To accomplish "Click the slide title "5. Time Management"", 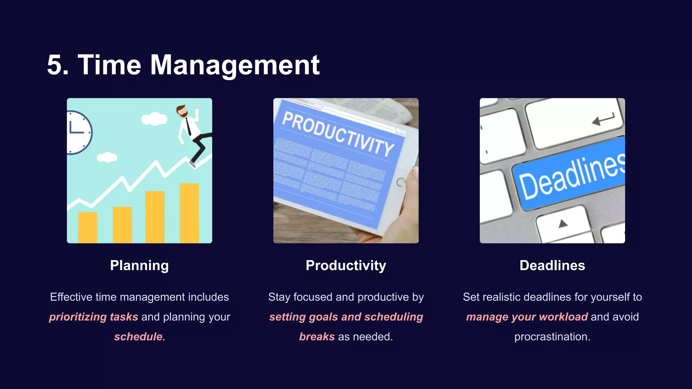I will click(183, 65).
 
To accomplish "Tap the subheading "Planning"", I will click(139, 265).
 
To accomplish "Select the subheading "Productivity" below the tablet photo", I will click(346, 265).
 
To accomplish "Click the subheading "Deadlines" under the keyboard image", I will click(552, 265).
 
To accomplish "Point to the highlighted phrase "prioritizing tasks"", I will click(94, 317).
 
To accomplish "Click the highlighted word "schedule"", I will click(138, 337).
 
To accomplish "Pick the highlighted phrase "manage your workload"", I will click(527, 317).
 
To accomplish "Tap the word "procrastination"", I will click(552, 337).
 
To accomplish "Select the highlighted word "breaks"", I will click(317, 337).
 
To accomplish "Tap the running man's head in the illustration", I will click(182, 111).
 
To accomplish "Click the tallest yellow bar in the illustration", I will click(189, 213).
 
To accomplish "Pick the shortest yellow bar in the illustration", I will click(88, 227).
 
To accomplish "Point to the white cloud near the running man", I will click(154, 119).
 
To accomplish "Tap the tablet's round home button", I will click(401, 182).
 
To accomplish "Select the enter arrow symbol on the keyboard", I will click(603, 120).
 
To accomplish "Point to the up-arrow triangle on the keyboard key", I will click(563, 223).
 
